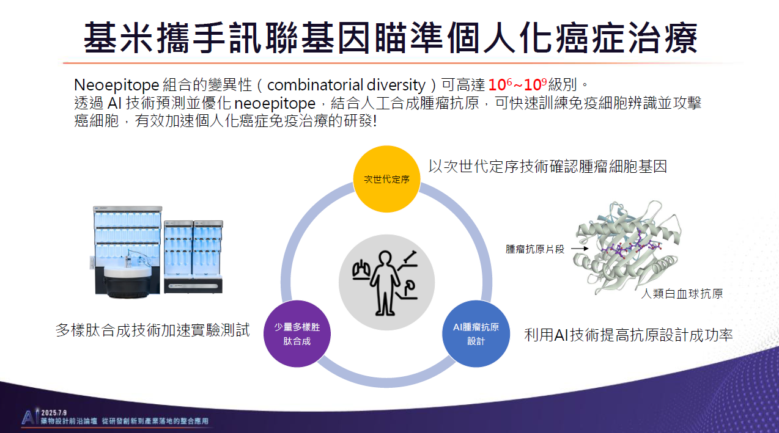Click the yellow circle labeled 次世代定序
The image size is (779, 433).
pos(386,179)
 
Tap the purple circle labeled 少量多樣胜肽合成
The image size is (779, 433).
pos(297,333)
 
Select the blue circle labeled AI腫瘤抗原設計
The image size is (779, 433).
pos(476,333)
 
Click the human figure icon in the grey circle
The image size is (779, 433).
pos(385,283)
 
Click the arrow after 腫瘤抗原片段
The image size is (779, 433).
pos(580,249)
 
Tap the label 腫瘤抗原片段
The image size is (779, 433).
pos(535,249)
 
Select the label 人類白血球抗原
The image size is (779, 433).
pos(682,294)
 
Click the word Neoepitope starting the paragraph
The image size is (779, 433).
pos(117,86)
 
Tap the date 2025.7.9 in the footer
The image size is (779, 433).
pos(54,412)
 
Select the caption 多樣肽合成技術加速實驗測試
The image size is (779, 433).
pos(153,330)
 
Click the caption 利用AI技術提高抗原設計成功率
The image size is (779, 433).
pos(629,335)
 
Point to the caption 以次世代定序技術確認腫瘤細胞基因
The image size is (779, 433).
pos(548,166)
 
